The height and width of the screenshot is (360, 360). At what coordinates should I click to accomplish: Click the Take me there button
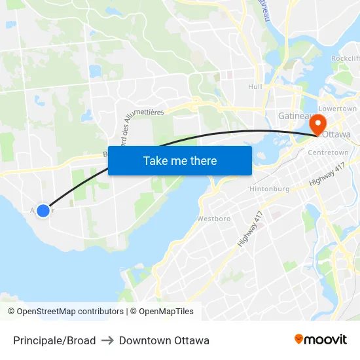tap(180, 160)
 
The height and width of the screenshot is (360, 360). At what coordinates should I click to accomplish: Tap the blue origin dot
tap(43, 210)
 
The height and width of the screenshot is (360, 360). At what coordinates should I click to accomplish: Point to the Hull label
tap(255, 86)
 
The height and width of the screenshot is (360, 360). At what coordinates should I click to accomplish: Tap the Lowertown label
tap(337, 109)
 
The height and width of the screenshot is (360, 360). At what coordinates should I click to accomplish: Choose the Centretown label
tap(328, 153)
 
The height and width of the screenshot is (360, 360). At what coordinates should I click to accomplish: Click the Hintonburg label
tap(269, 189)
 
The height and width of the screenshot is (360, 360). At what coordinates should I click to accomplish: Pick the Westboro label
tap(214, 219)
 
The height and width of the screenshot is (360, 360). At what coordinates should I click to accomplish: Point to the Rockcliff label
tap(345, 58)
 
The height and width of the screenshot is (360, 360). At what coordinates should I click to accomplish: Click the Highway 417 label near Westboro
tap(249, 228)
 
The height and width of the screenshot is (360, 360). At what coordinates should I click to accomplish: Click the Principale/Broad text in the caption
tap(54, 340)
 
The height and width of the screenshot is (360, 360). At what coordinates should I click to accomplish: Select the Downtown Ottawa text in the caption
tap(164, 340)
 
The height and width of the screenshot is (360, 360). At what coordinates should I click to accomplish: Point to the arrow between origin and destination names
tap(107, 340)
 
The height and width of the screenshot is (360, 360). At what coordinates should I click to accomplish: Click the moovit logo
tap(321, 339)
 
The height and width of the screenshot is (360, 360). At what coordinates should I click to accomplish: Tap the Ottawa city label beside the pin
tap(337, 135)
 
